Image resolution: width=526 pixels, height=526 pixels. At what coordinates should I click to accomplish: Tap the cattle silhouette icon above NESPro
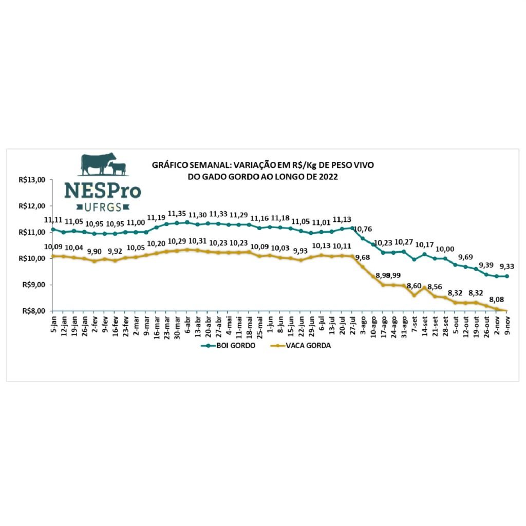click(x=103, y=164)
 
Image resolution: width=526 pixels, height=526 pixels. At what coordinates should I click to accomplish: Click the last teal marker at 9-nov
click(x=508, y=276)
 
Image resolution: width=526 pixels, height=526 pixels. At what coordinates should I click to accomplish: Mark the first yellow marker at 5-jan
click(x=53, y=256)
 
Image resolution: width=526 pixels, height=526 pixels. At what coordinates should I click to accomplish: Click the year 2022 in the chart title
click(x=329, y=176)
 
